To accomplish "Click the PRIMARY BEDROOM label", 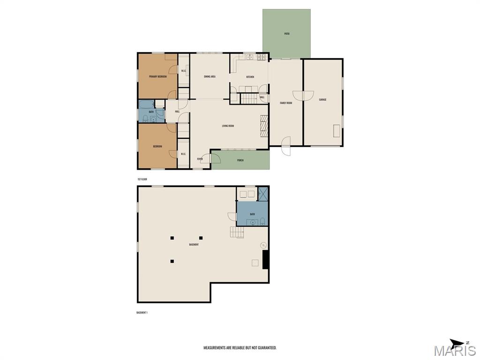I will point(158,76).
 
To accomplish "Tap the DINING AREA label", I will point(210,76).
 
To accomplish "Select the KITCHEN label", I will point(250,77).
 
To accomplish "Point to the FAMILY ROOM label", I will point(286,103).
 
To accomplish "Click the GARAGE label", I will point(322,100).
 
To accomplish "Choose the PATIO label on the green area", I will point(286,34).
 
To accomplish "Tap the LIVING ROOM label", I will point(228,126).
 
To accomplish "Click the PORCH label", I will point(240,160).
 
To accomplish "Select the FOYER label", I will point(200,159).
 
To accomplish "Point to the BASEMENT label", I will point(194,245).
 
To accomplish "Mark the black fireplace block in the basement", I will point(265,260).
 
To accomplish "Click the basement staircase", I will point(237,232).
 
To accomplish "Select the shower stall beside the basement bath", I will point(263,194).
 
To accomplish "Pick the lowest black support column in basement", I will point(172,261).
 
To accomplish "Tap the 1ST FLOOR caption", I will point(142,180).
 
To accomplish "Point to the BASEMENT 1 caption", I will point(142,312).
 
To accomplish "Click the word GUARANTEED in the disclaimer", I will point(266,348).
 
